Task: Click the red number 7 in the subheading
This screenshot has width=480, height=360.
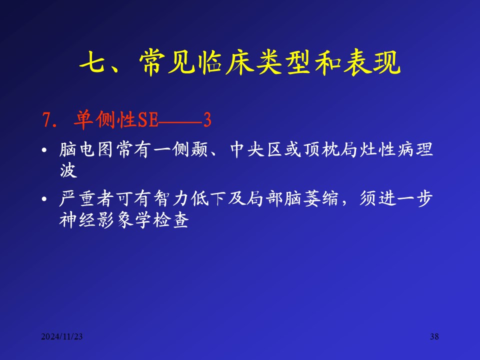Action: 46,119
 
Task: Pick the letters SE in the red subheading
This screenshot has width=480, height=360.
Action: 148,119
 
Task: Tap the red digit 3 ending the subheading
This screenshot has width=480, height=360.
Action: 207,119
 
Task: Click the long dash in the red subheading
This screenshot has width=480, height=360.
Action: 180,123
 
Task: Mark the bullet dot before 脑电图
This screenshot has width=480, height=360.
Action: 44,150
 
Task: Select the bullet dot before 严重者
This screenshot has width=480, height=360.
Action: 44,199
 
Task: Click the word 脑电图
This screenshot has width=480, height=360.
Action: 86,149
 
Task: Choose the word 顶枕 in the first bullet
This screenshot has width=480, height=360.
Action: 321,149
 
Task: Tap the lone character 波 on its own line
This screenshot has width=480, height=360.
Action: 68,170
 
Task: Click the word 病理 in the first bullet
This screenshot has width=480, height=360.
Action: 415,149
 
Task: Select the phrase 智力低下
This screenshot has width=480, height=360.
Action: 190,198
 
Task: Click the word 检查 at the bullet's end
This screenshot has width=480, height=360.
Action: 171,220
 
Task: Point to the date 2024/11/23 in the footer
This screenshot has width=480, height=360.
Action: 62,336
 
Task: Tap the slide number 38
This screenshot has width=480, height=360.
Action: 434,336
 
